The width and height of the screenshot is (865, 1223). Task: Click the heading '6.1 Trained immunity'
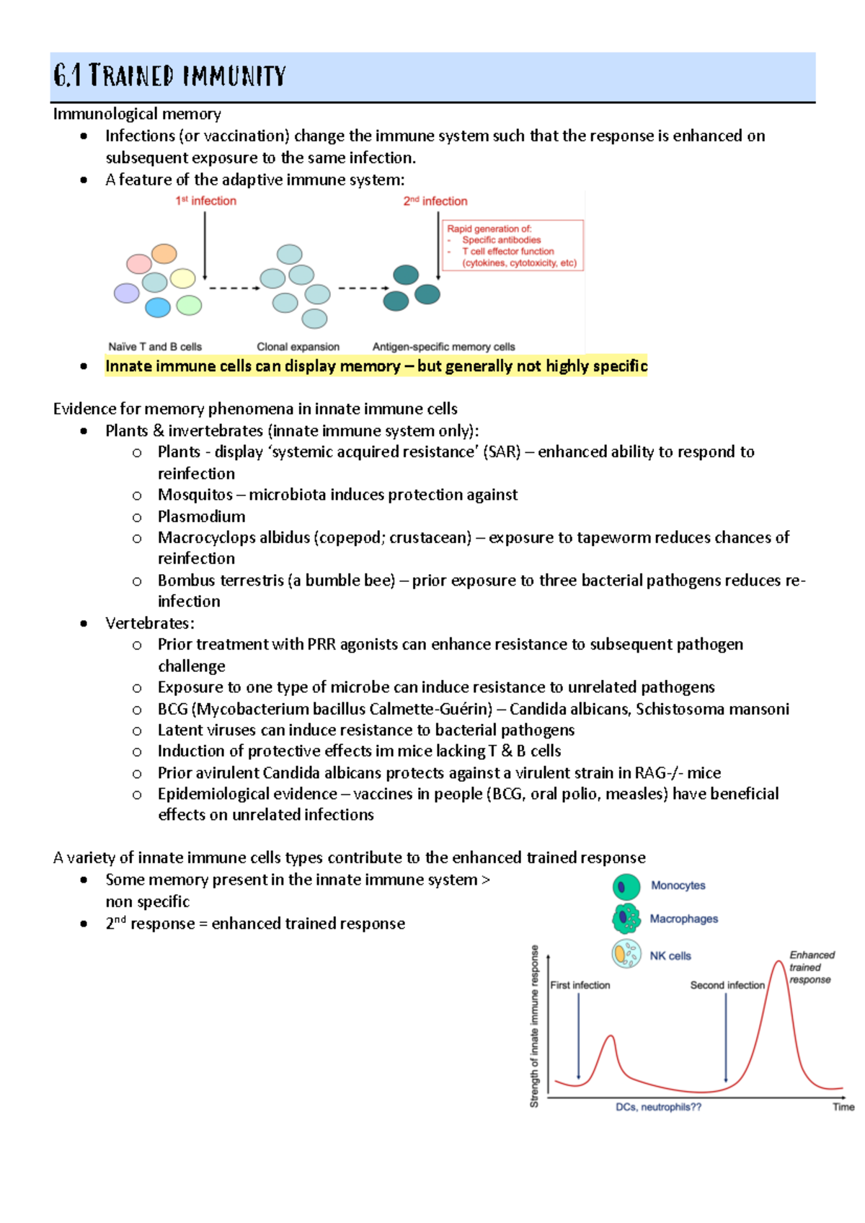coord(170,76)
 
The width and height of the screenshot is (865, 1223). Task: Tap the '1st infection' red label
coord(205,201)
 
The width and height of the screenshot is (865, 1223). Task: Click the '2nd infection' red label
coord(435,201)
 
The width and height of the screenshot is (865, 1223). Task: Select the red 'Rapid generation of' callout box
coord(512,246)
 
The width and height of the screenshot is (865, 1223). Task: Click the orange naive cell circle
coord(164,253)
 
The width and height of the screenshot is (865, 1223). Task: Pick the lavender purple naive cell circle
coord(127,293)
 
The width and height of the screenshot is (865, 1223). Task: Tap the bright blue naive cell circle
coord(158,308)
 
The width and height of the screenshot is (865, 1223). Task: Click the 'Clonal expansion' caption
coord(298,347)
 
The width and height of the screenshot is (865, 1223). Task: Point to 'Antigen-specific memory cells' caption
coord(443,347)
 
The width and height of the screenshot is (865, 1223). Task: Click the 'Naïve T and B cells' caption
coord(155,347)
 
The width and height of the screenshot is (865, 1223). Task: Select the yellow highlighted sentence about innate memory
coord(376,366)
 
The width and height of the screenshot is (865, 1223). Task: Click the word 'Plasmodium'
coord(201,516)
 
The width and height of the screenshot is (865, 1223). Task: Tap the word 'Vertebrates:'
coord(149,623)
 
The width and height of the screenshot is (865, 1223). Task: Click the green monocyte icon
coord(626,887)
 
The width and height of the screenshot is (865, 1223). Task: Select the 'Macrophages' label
coord(683,919)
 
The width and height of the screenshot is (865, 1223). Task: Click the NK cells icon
coord(626,954)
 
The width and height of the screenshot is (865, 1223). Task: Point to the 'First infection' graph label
coord(580,985)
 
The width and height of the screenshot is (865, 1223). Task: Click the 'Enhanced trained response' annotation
coord(811,967)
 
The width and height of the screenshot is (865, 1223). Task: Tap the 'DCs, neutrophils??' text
coord(658,1107)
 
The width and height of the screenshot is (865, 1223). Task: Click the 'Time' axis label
coord(843,1107)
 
